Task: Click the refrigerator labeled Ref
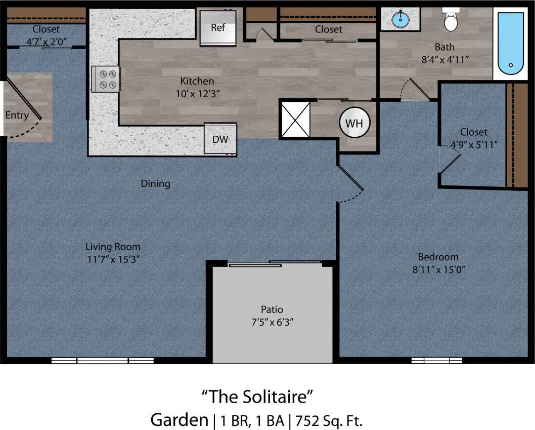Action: click(218, 27)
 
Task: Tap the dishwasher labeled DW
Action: click(220, 138)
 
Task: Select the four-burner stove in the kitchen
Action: click(106, 79)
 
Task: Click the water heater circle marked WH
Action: click(354, 123)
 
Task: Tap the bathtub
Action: click(510, 44)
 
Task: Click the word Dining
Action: click(155, 183)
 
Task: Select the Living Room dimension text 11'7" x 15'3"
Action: click(112, 259)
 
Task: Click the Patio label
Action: click(272, 309)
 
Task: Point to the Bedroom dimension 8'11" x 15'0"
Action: click(438, 269)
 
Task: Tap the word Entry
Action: click(17, 115)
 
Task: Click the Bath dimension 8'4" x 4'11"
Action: click(444, 59)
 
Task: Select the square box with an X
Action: click(295, 119)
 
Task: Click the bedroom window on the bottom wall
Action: click(436, 361)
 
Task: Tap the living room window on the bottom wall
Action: click(103, 361)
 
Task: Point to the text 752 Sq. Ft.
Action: click(330, 420)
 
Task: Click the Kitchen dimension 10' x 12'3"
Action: click(197, 93)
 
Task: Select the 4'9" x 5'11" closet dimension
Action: click(474, 144)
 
